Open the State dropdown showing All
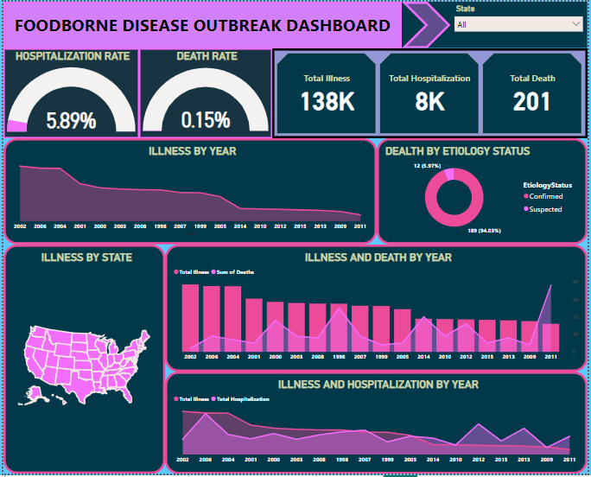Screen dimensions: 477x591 click(x=518, y=24)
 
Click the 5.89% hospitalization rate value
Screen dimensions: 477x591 click(x=71, y=120)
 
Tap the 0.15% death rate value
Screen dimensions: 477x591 click(x=205, y=120)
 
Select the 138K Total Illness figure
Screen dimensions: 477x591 click(x=327, y=101)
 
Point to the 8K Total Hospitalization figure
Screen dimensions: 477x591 click(x=429, y=101)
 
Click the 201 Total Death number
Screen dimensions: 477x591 click(x=531, y=101)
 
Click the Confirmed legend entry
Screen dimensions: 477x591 click(x=545, y=196)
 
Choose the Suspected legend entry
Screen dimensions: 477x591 click(x=545, y=209)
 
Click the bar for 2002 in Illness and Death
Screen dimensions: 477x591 click(x=190, y=317)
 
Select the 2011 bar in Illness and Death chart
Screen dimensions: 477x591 click(x=550, y=337)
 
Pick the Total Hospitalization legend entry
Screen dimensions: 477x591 click(x=242, y=399)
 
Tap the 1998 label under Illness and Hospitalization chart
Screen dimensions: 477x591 click(x=342, y=460)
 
